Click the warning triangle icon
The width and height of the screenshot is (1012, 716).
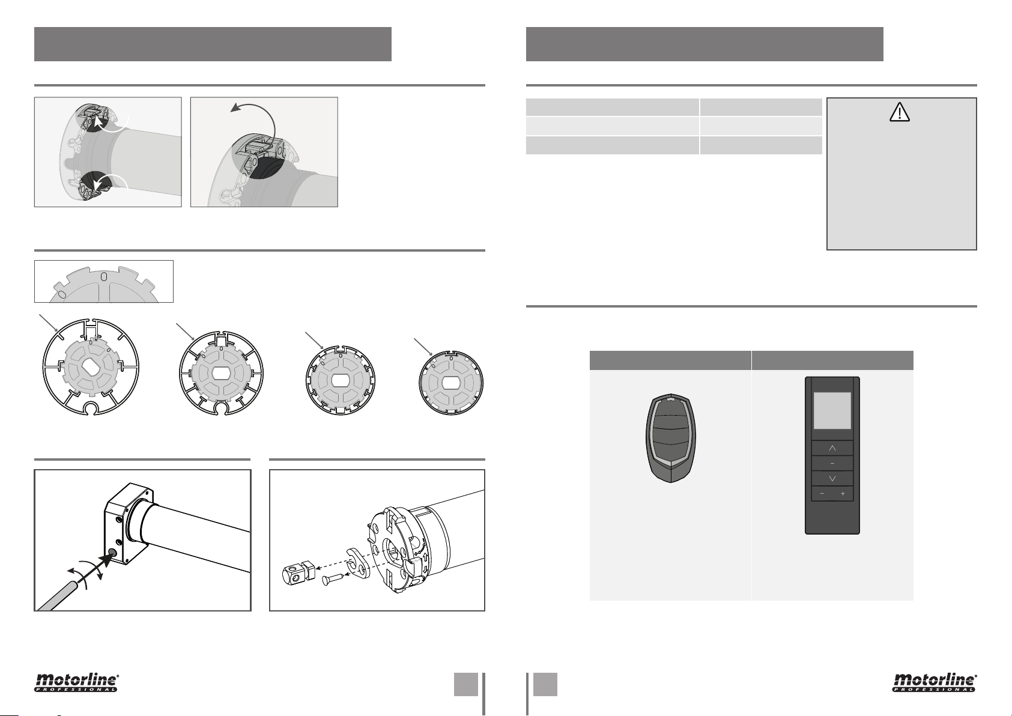900,112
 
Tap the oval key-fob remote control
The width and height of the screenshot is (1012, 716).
671,438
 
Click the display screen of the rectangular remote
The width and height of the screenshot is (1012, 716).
832,411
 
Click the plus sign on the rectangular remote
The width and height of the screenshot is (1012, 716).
843,494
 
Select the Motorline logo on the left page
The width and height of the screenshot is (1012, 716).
77,682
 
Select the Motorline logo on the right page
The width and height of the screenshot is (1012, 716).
935,682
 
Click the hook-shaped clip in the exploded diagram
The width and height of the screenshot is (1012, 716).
359,563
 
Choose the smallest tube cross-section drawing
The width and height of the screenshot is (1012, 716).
451,383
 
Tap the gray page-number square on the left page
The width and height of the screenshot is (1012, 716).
466,684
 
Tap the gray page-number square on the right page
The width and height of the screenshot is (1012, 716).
545,684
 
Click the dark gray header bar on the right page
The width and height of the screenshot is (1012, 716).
704,44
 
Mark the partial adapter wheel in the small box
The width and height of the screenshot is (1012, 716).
104,285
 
